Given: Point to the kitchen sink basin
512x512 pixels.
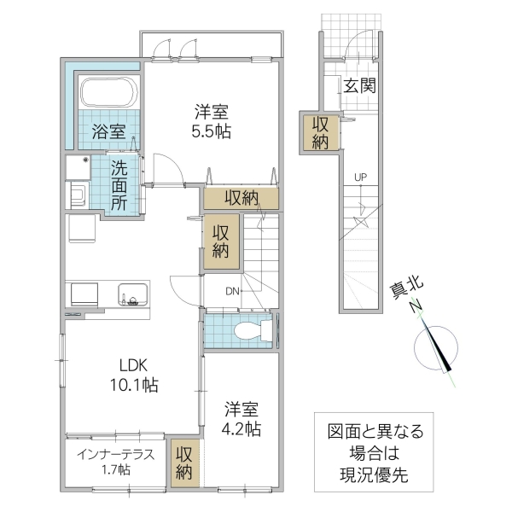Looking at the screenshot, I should click(x=133, y=296).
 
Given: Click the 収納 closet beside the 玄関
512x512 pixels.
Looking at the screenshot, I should click(x=319, y=132).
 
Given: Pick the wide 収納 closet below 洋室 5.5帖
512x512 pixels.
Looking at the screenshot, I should click(x=241, y=197).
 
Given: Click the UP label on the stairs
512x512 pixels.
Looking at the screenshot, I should click(x=361, y=177).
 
